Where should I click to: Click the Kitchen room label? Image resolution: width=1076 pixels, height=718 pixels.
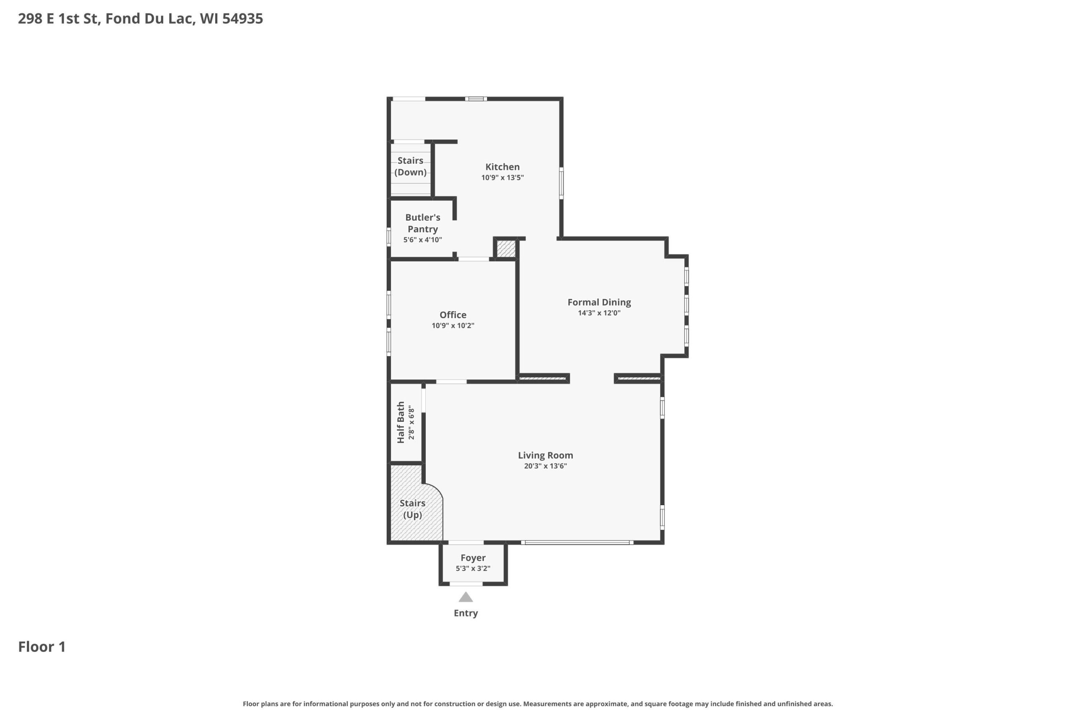point(502,167)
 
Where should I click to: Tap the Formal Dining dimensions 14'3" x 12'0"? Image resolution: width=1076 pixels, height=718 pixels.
point(599,313)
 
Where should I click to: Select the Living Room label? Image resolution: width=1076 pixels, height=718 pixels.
point(545,455)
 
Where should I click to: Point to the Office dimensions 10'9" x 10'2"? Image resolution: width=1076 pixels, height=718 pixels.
point(453,326)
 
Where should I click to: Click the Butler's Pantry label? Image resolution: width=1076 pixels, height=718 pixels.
point(423,223)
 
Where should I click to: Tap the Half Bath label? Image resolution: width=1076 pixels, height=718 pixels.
point(401,422)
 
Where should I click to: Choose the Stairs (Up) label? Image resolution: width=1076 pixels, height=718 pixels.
point(412,509)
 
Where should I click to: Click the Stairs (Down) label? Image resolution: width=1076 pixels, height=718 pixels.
point(410,166)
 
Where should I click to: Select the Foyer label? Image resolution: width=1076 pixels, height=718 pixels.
point(473,558)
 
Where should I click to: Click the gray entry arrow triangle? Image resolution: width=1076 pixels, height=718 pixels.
point(466,597)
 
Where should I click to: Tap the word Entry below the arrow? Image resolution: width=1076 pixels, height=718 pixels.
point(466,613)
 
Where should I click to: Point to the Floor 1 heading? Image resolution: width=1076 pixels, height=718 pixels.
point(42,646)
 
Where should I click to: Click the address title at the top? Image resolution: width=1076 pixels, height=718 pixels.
point(140,19)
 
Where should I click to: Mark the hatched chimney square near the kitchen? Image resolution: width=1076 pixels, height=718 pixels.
point(506,249)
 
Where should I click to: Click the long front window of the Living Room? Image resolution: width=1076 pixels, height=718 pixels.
point(578,543)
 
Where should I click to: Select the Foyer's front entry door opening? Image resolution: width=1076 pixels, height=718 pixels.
point(466,584)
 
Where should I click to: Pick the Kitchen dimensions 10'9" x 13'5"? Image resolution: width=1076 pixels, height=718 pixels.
point(502,178)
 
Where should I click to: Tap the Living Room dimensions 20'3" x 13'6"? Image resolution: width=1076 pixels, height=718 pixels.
point(545,466)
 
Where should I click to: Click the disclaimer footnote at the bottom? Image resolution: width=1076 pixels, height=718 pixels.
point(538,704)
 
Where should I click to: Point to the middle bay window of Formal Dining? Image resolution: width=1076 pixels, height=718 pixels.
point(686,305)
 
